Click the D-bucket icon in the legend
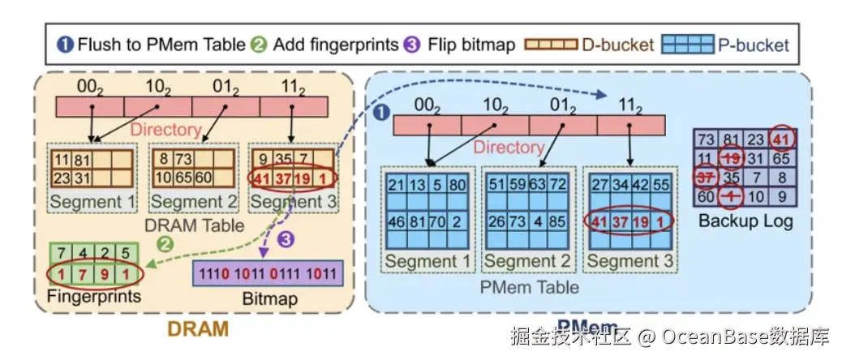coord(553,45)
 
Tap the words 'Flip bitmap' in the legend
coord(472,45)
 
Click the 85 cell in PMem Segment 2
coord(558,220)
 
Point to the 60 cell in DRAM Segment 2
coord(204,178)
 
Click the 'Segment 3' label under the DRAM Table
coord(291,200)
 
